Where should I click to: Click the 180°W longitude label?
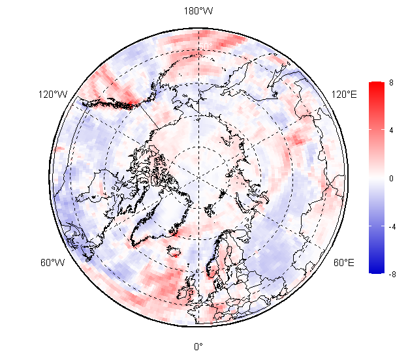198,10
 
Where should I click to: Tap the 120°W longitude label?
53,95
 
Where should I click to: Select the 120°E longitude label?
344,95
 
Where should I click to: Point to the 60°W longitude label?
53,263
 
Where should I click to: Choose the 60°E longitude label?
344,263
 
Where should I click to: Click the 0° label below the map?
198,346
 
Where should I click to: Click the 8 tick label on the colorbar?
391,82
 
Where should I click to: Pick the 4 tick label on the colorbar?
391,130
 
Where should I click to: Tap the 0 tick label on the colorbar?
391,178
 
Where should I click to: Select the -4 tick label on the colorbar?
392,226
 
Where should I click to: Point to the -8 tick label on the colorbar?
392,275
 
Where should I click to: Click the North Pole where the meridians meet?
198,178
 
